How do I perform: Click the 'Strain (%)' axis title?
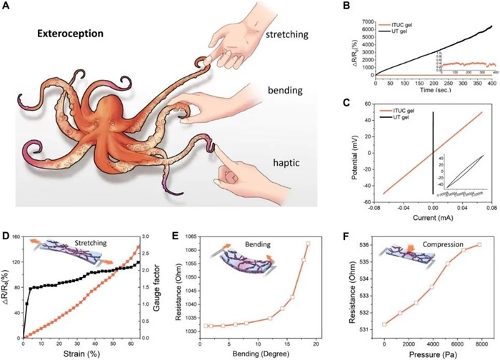pos(84,354)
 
